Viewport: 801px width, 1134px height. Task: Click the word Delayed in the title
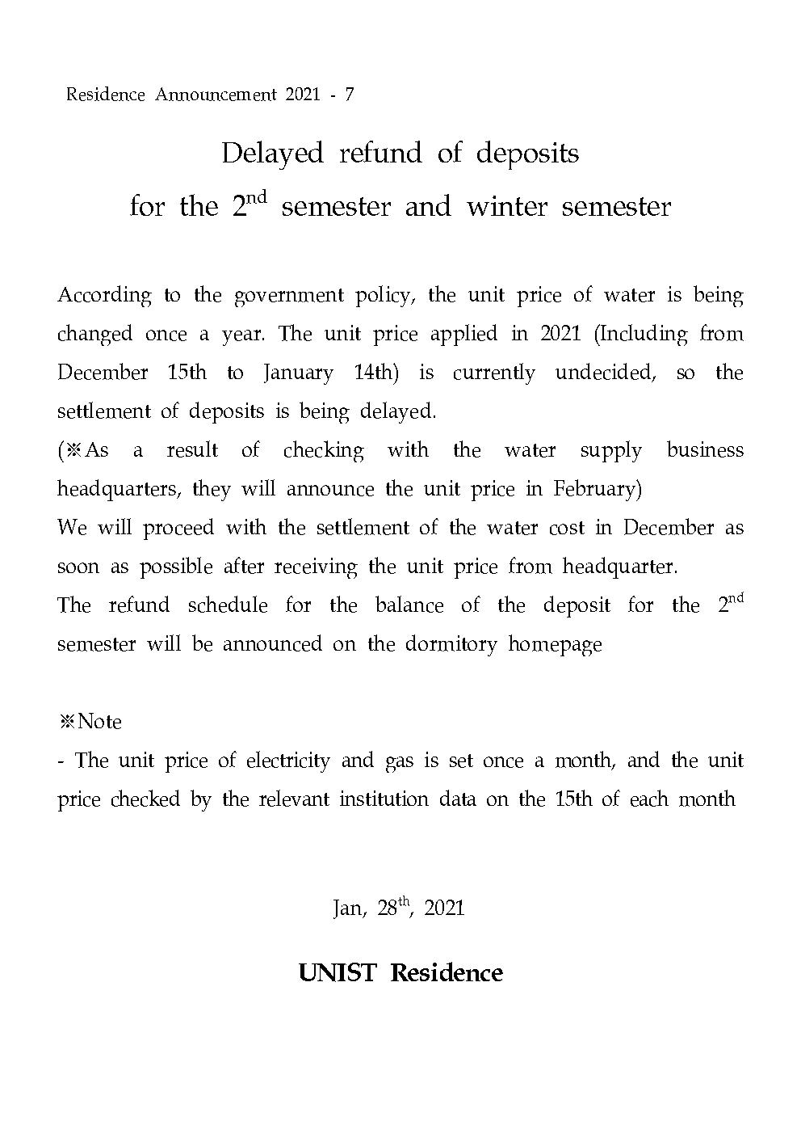click(x=272, y=154)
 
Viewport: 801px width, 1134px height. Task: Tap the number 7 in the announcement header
click(x=349, y=95)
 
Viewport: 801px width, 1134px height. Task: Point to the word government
click(x=289, y=296)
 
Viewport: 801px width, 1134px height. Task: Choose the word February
click(x=596, y=489)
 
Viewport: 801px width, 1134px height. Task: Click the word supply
click(x=610, y=451)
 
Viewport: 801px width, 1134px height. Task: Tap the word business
click(x=705, y=450)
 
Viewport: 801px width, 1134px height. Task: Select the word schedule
click(x=228, y=605)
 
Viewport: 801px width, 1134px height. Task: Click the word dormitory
click(x=451, y=644)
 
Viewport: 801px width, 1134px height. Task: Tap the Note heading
click(x=90, y=721)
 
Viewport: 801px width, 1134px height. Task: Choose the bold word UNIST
click(x=337, y=972)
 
